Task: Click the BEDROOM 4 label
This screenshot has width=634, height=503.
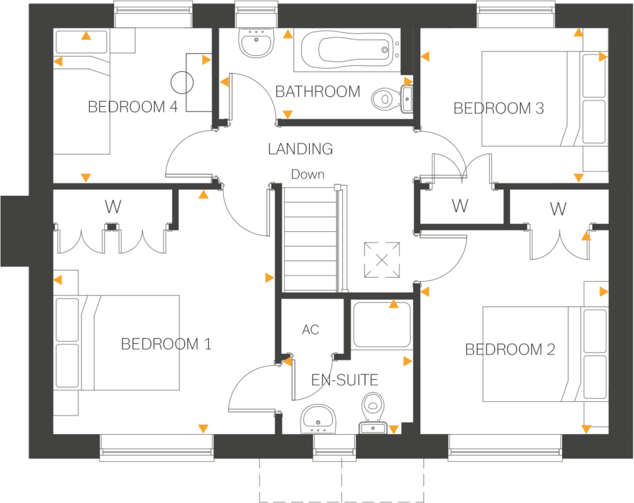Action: tap(132, 108)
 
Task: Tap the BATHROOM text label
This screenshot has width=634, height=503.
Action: tap(318, 92)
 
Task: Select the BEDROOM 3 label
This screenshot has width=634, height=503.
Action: tap(498, 109)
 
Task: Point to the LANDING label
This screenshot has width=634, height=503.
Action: tap(301, 149)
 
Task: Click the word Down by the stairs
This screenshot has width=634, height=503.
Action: tap(307, 174)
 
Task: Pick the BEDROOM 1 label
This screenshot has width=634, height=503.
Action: tap(166, 344)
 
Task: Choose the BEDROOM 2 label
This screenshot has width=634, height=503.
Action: tap(510, 350)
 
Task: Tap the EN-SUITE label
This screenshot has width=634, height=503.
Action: tap(344, 380)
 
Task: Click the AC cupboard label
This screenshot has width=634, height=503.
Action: tap(311, 330)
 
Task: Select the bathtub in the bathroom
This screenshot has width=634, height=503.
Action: tap(347, 50)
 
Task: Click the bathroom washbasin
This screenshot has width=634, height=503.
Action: tap(255, 44)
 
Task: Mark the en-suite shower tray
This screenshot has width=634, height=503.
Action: tap(382, 324)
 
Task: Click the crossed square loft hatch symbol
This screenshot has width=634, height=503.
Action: tap(382, 260)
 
